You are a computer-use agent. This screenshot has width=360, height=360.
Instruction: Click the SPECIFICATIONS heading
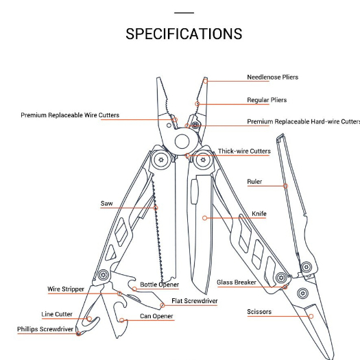184,34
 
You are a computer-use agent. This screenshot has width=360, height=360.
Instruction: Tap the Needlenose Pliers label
272,77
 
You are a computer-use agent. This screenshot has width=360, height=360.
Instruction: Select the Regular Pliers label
267,100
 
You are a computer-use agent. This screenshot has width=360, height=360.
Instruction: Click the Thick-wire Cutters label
244,151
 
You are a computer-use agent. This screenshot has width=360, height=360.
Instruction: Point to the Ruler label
254,182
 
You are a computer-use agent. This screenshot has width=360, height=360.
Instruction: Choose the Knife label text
259,214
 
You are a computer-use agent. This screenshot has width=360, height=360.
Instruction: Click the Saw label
107,204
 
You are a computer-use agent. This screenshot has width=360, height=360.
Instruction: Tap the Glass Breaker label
237,282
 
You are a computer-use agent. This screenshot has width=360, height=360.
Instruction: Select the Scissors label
259,312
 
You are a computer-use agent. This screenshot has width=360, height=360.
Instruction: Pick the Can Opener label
156,316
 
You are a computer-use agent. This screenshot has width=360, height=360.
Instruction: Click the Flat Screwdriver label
195,301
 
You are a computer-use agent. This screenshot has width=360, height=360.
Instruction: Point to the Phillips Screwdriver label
45,329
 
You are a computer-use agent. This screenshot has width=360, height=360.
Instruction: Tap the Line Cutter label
57,314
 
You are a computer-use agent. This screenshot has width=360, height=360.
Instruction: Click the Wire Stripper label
66,289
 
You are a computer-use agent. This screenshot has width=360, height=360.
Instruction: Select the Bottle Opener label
159,285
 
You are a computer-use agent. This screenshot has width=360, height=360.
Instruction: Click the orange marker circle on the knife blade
204,218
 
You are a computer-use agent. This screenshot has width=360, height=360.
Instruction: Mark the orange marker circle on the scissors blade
311,316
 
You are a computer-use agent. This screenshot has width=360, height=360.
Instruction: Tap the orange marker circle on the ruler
286,186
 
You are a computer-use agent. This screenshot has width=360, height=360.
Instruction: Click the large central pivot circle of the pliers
182,142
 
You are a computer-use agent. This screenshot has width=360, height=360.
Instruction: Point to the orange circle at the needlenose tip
206,81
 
